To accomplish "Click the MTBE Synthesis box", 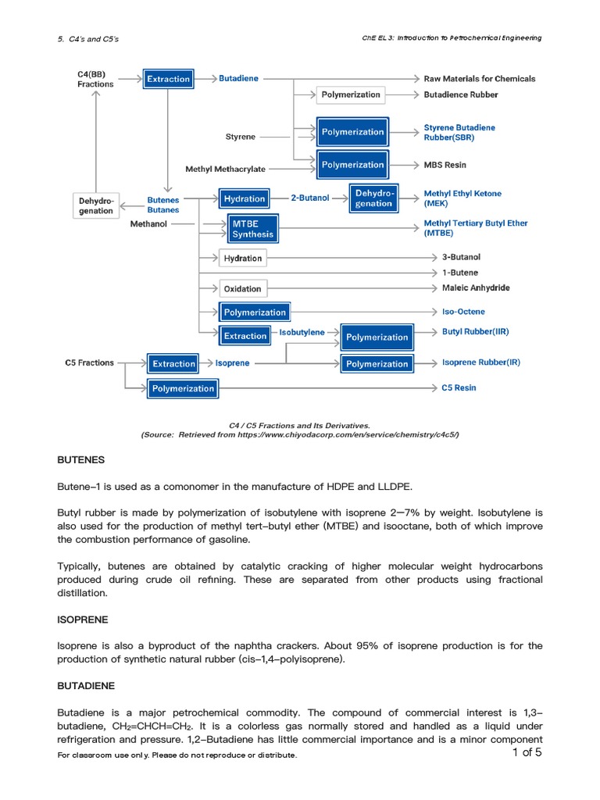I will coord(252,229).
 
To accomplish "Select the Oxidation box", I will coord(243,288).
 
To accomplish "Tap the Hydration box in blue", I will coord(244,198).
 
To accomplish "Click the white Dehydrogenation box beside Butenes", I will coord(95,205).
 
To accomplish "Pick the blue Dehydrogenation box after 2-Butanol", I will coord(374,198).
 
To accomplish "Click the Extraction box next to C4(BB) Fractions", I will coord(168,79).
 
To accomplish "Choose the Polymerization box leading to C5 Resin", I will coord(183,388).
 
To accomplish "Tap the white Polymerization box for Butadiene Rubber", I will coord(351,95).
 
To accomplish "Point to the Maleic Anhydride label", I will coord(476,287).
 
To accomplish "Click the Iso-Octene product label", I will coord(463,312).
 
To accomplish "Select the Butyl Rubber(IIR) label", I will coord(475,331).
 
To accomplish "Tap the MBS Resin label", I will coord(445,165).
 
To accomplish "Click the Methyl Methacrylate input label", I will coord(225,169).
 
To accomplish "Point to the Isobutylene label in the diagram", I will coord(302,332).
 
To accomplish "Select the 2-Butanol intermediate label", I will coord(310,198).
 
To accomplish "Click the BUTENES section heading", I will coord(80,459).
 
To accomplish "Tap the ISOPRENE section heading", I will coord(83,619).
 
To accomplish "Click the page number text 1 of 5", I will coord(527,752).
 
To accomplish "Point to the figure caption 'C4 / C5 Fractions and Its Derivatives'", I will coord(294,426).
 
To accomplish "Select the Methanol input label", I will coord(148,223).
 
